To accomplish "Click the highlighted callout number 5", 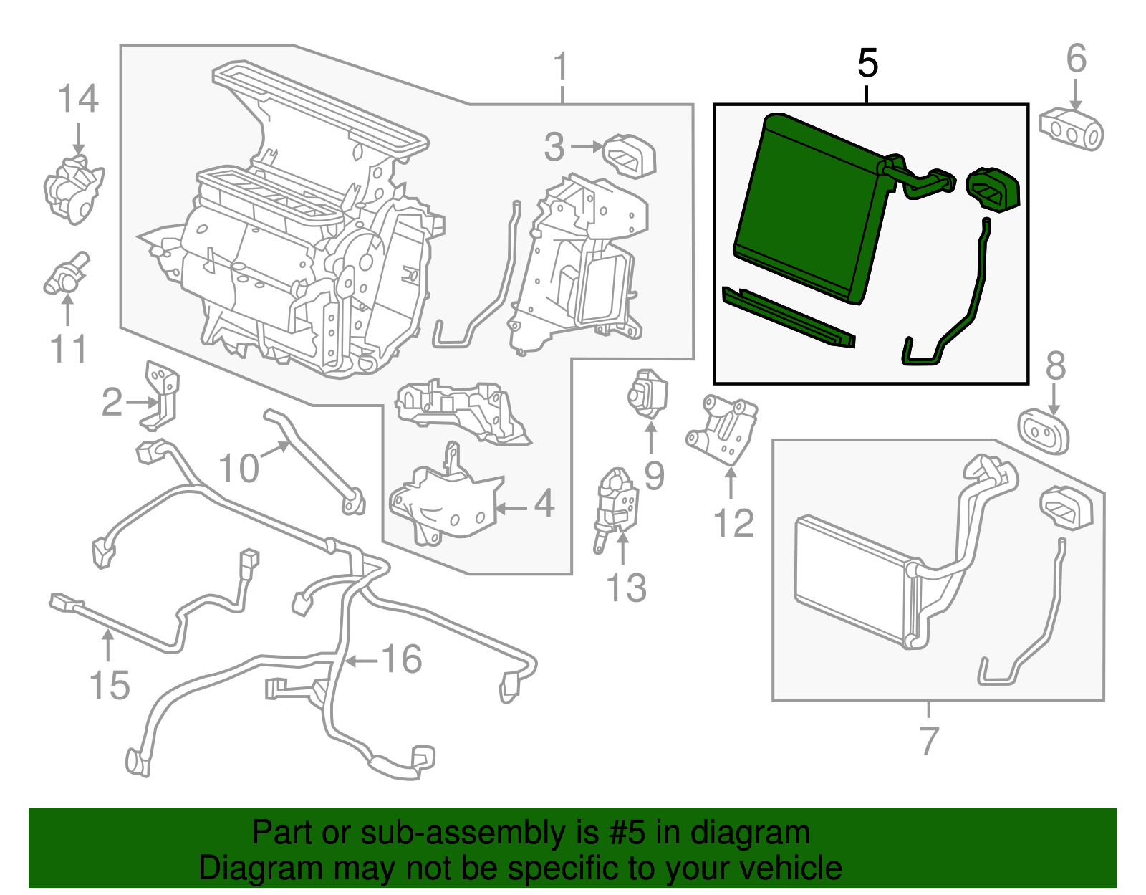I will coord(867,64).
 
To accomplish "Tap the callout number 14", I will coord(77,100).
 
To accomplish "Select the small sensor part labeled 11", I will coord(66,277).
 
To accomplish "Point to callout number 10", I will coord(238,469).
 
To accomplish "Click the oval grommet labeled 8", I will coord(1044,431).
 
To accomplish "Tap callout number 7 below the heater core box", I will coord(928,741).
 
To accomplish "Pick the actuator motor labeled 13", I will coord(617,506).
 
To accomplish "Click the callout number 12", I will coord(733,524).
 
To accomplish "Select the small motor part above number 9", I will coord(647,393).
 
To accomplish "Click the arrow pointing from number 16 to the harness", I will coord(362,661).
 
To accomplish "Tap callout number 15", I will coord(110,686).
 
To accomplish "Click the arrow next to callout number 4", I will coord(511,509).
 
